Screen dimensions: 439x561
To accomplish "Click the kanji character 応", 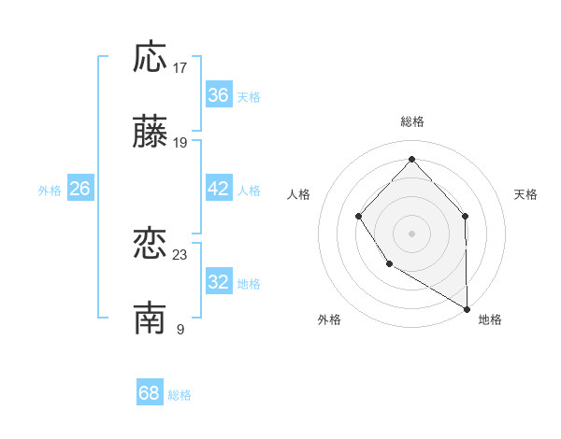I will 151,57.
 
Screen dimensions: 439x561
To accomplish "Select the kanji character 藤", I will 151,133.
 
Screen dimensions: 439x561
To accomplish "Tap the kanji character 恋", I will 151,244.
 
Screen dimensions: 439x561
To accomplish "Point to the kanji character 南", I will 151,319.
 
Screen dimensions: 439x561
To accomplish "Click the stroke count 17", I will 180,68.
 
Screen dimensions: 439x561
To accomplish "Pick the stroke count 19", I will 180,143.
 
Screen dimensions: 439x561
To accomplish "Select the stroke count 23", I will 180,255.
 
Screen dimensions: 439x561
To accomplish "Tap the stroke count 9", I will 180,330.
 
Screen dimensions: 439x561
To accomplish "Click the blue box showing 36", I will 219,95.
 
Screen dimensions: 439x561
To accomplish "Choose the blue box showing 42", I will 219,189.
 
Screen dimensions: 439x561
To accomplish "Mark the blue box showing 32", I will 219,282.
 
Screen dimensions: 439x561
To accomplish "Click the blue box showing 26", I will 79,189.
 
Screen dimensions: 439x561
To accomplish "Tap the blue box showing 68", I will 150,393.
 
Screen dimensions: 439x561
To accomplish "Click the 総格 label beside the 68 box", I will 180,395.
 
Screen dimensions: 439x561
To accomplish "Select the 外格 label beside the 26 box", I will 50,191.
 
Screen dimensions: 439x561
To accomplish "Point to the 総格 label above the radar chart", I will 412,121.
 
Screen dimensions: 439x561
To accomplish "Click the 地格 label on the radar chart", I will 490,319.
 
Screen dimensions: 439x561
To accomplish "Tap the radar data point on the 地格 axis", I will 467,308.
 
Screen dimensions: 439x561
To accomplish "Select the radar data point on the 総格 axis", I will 411,158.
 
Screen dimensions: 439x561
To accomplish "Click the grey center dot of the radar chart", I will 411,233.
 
